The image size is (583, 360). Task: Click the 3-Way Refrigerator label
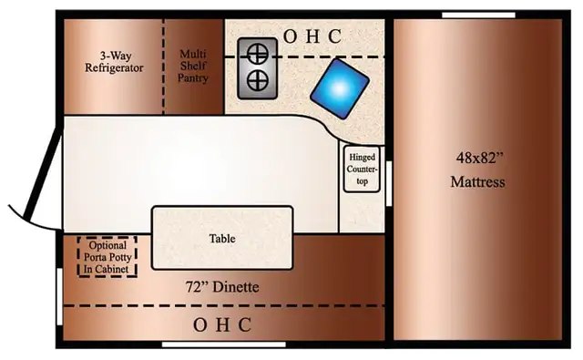(114, 62)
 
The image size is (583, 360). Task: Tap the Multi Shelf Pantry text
(192, 66)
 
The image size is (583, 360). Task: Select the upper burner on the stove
(258, 54)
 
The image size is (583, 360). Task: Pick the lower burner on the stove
(258, 81)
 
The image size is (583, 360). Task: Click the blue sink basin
(340, 88)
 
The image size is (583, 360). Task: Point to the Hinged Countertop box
(362, 169)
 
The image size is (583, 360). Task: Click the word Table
(222, 239)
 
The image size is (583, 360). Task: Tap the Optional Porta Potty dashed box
(107, 257)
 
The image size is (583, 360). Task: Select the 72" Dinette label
(222, 287)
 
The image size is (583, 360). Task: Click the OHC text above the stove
(312, 36)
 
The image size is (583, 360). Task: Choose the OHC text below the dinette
(222, 325)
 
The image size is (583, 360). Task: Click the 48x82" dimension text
(480, 158)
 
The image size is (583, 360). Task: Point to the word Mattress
(477, 182)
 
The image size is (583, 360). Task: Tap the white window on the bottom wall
(224, 345)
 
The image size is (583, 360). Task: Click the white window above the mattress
(478, 15)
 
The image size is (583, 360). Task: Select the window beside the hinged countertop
(389, 183)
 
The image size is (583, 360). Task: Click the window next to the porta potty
(59, 296)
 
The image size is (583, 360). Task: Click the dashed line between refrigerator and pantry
(163, 67)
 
